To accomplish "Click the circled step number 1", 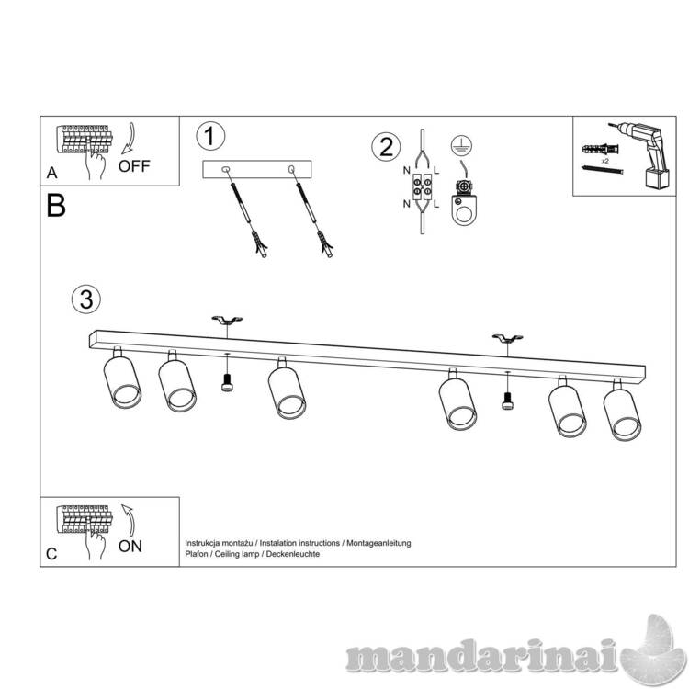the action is [210, 136].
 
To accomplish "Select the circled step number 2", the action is [386, 147].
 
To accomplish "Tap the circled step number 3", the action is [86, 299].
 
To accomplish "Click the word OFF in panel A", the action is [134, 166].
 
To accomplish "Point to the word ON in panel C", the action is [130, 547].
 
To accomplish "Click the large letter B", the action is [56, 206].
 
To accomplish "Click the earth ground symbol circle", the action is [461, 146].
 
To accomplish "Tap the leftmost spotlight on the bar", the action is [121, 378].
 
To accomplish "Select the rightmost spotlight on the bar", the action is [621, 410].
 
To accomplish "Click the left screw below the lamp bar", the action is [227, 382].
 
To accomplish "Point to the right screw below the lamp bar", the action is [507, 401].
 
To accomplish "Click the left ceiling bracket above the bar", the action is [227, 319].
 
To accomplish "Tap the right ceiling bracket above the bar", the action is [507, 338].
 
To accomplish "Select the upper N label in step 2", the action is [406, 171].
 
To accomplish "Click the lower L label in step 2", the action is [435, 204].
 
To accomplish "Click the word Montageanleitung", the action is [378, 543].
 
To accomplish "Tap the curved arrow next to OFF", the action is [130, 138].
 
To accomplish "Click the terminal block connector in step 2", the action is [422, 186].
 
